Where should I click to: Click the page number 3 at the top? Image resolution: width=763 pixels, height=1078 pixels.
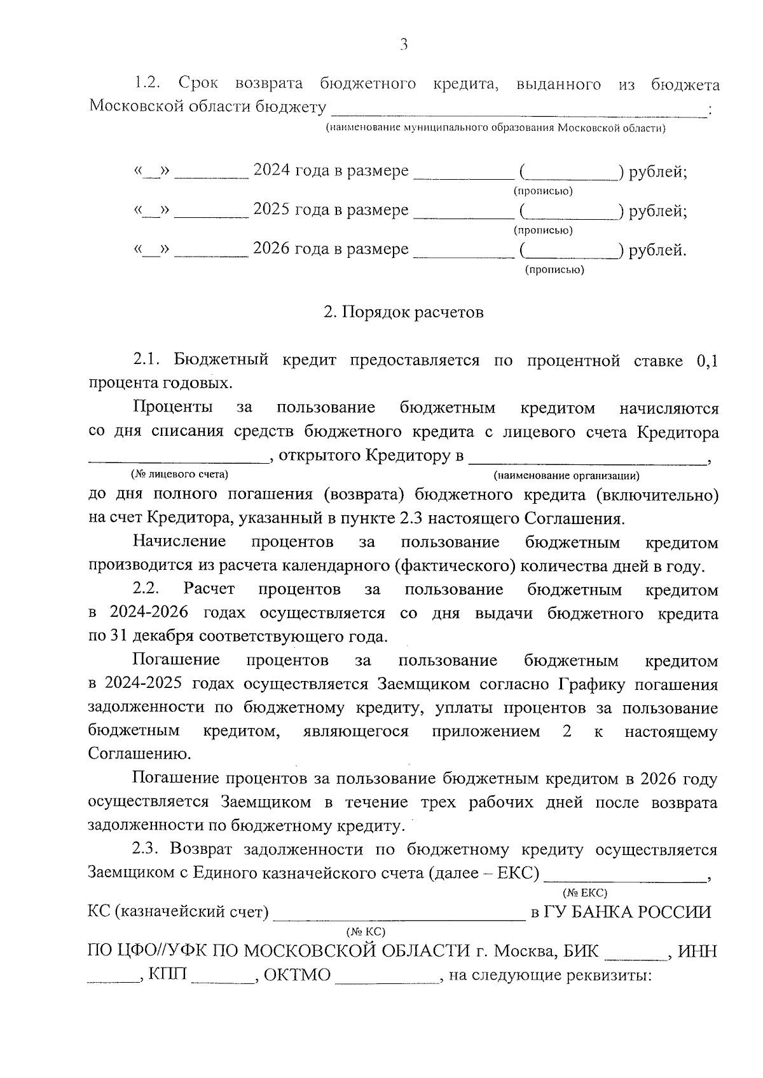(x=403, y=44)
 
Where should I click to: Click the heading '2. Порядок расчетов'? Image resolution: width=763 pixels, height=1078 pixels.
(x=403, y=313)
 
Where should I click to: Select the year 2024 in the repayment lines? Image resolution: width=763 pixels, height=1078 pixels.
(x=272, y=171)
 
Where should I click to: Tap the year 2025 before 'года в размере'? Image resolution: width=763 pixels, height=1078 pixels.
(x=272, y=210)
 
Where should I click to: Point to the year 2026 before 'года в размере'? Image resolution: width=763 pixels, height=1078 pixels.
(x=272, y=249)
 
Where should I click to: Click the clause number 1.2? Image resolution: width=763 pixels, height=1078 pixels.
(x=147, y=84)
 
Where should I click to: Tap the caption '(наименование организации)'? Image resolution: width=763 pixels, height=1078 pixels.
(x=566, y=475)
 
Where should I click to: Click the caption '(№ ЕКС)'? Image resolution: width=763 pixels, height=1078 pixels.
(x=585, y=893)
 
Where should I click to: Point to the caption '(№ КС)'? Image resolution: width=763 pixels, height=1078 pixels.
(x=366, y=932)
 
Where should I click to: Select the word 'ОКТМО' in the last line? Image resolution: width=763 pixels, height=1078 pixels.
(x=296, y=975)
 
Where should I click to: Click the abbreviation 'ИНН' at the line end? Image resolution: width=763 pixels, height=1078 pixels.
(x=698, y=952)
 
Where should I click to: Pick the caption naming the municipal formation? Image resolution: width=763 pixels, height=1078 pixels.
(x=495, y=129)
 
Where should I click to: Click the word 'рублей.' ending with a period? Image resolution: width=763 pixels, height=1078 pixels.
(x=657, y=250)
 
